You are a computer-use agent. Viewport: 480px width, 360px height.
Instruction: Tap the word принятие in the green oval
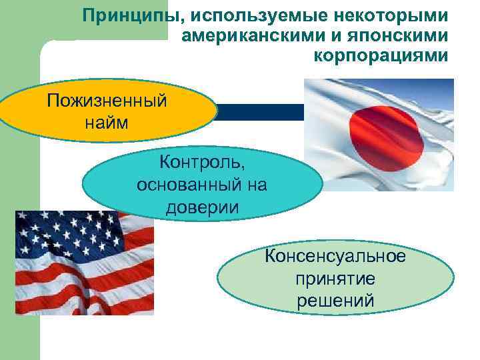coord(335,278)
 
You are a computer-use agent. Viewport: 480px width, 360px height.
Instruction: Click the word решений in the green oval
coord(335,300)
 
